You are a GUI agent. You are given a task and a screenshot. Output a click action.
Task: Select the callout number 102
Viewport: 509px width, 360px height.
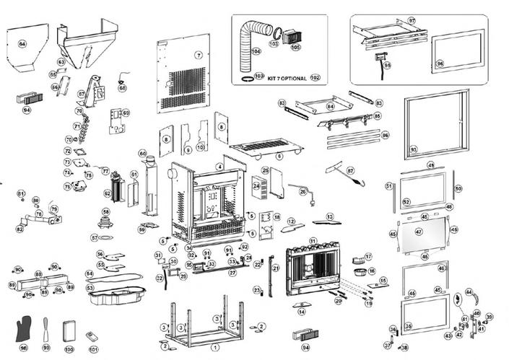coord(315,76)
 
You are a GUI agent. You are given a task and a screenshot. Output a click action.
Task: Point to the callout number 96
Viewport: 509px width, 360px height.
coord(440,64)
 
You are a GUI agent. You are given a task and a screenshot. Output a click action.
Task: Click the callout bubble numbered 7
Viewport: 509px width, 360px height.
coord(198,55)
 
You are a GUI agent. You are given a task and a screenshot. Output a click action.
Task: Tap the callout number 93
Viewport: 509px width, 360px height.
coord(413,149)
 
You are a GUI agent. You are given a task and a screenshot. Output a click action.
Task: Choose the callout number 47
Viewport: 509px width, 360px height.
coord(419,232)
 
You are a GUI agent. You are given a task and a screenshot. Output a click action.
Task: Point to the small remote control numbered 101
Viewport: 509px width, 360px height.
coord(92,336)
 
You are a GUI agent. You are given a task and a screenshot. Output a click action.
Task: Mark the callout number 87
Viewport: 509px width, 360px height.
coord(350,171)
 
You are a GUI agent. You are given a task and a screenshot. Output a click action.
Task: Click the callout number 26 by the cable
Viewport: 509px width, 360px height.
coord(303,191)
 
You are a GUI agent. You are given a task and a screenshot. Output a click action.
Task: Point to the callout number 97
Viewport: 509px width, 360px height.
coord(412,21)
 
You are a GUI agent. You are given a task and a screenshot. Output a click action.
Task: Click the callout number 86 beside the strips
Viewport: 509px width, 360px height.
coord(385,135)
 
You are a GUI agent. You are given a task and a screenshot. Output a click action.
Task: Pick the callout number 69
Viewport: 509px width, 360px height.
coord(125,113)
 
